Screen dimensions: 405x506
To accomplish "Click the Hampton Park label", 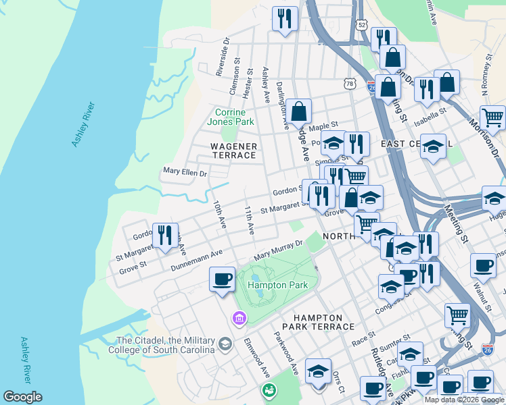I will click(277, 285).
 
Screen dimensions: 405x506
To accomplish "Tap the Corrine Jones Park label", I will click(234, 117).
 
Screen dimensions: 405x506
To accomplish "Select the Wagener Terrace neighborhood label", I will click(233, 151).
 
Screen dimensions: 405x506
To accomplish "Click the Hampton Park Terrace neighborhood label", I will click(323, 322).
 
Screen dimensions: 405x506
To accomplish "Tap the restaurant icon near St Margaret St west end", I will click(165, 236).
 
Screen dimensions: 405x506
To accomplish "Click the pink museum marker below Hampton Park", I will click(238, 317).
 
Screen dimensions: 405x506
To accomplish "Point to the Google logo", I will click(22, 397).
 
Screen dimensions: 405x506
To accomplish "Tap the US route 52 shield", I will click(363, 25).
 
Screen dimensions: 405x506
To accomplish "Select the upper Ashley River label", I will click(85, 124).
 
